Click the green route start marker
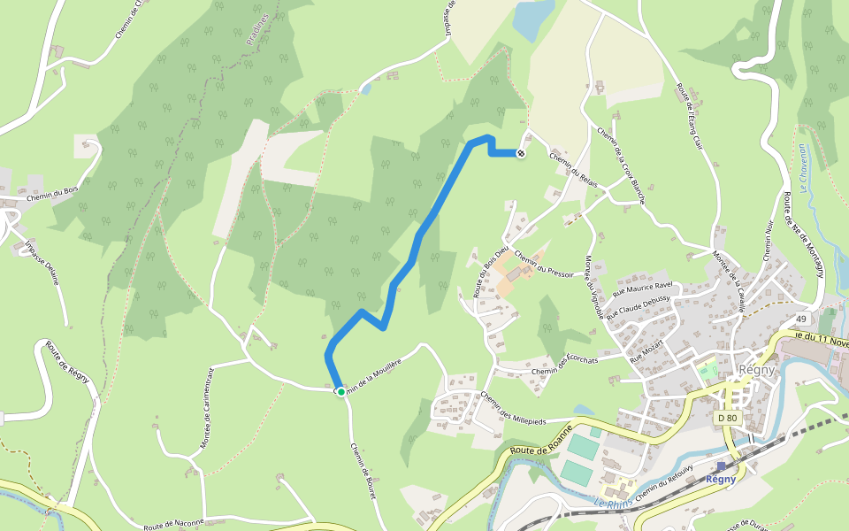pos(340,391)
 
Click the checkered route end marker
pos(521,153)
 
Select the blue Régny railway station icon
pos(721,466)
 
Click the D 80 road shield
pos(727,417)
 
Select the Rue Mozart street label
pos(646,354)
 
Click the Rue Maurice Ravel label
pos(643,289)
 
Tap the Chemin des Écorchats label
pos(565,365)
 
